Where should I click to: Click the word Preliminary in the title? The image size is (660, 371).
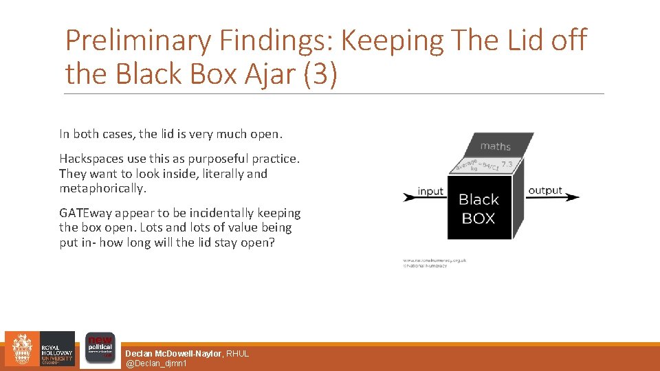pyautogui.click(x=138, y=41)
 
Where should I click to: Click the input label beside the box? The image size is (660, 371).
pyautogui.click(x=430, y=191)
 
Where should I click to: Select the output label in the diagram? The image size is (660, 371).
pyautogui.click(x=545, y=190)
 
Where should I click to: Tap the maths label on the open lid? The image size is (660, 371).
pyautogui.click(x=495, y=146)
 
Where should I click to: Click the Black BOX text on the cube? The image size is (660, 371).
pyautogui.click(x=478, y=209)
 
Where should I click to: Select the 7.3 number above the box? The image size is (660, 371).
pyautogui.click(x=507, y=164)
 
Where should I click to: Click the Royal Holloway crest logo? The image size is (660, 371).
pyautogui.click(x=23, y=349)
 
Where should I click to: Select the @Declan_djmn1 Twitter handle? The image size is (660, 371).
pyautogui.click(x=155, y=363)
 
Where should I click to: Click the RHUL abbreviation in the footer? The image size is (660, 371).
pyautogui.click(x=238, y=353)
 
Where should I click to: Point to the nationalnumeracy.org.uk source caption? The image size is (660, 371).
pyautogui.click(x=434, y=260)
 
